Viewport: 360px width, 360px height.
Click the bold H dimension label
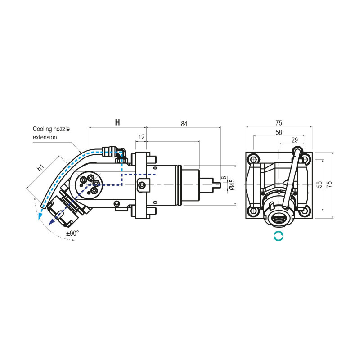click(x=117, y=122)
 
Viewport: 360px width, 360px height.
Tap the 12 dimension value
click(x=141, y=136)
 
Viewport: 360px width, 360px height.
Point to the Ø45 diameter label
click(x=232, y=184)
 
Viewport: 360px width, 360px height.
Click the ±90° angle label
click(x=72, y=234)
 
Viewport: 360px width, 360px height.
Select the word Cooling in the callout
click(x=44, y=129)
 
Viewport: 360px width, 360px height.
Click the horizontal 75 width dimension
click(x=279, y=122)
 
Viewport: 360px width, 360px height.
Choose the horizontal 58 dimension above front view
click(x=279, y=132)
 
